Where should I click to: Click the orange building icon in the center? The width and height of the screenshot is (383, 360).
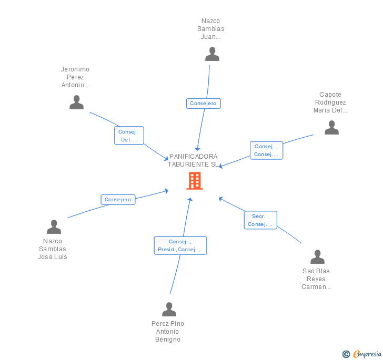pyautogui.click(x=195, y=181)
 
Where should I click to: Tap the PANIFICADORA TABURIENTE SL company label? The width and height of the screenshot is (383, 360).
pyautogui.click(x=193, y=160)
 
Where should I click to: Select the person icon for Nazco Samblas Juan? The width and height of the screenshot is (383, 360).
pyautogui.click(x=212, y=54)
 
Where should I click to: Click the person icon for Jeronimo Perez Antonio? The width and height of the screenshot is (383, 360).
pyautogui.click(x=77, y=102)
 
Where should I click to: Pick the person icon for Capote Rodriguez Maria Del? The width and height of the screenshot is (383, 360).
pyautogui.click(x=331, y=128)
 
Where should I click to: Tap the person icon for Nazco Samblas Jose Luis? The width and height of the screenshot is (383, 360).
pyautogui.click(x=54, y=227)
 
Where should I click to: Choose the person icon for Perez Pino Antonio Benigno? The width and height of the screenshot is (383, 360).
pyautogui.click(x=169, y=310)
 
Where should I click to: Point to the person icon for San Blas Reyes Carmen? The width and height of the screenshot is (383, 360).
pyautogui.click(x=317, y=257)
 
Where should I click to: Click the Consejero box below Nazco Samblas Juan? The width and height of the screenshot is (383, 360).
pyautogui.click(x=203, y=104)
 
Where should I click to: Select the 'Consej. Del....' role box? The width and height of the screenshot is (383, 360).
pyautogui.click(x=129, y=136)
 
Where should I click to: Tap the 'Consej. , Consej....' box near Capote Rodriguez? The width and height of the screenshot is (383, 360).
pyautogui.click(x=266, y=150)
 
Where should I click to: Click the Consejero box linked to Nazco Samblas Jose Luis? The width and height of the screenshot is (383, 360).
pyautogui.click(x=118, y=200)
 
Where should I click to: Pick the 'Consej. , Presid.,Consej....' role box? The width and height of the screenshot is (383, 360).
pyautogui.click(x=180, y=245)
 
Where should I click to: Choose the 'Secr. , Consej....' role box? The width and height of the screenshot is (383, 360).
pyautogui.click(x=260, y=220)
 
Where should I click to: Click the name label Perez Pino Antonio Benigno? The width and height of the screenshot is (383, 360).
pyautogui.click(x=168, y=332)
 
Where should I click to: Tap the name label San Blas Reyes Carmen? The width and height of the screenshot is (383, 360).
pyautogui.click(x=316, y=279)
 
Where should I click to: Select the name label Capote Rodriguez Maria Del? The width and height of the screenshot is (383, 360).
pyautogui.click(x=330, y=102)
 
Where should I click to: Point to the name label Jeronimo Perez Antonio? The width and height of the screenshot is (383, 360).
pyautogui.click(x=75, y=77)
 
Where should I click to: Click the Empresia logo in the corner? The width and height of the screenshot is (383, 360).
pyautogui.click(x=367, y=354)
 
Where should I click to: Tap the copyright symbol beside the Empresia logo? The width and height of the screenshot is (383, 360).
pyautogui.click(x=346, y=354)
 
